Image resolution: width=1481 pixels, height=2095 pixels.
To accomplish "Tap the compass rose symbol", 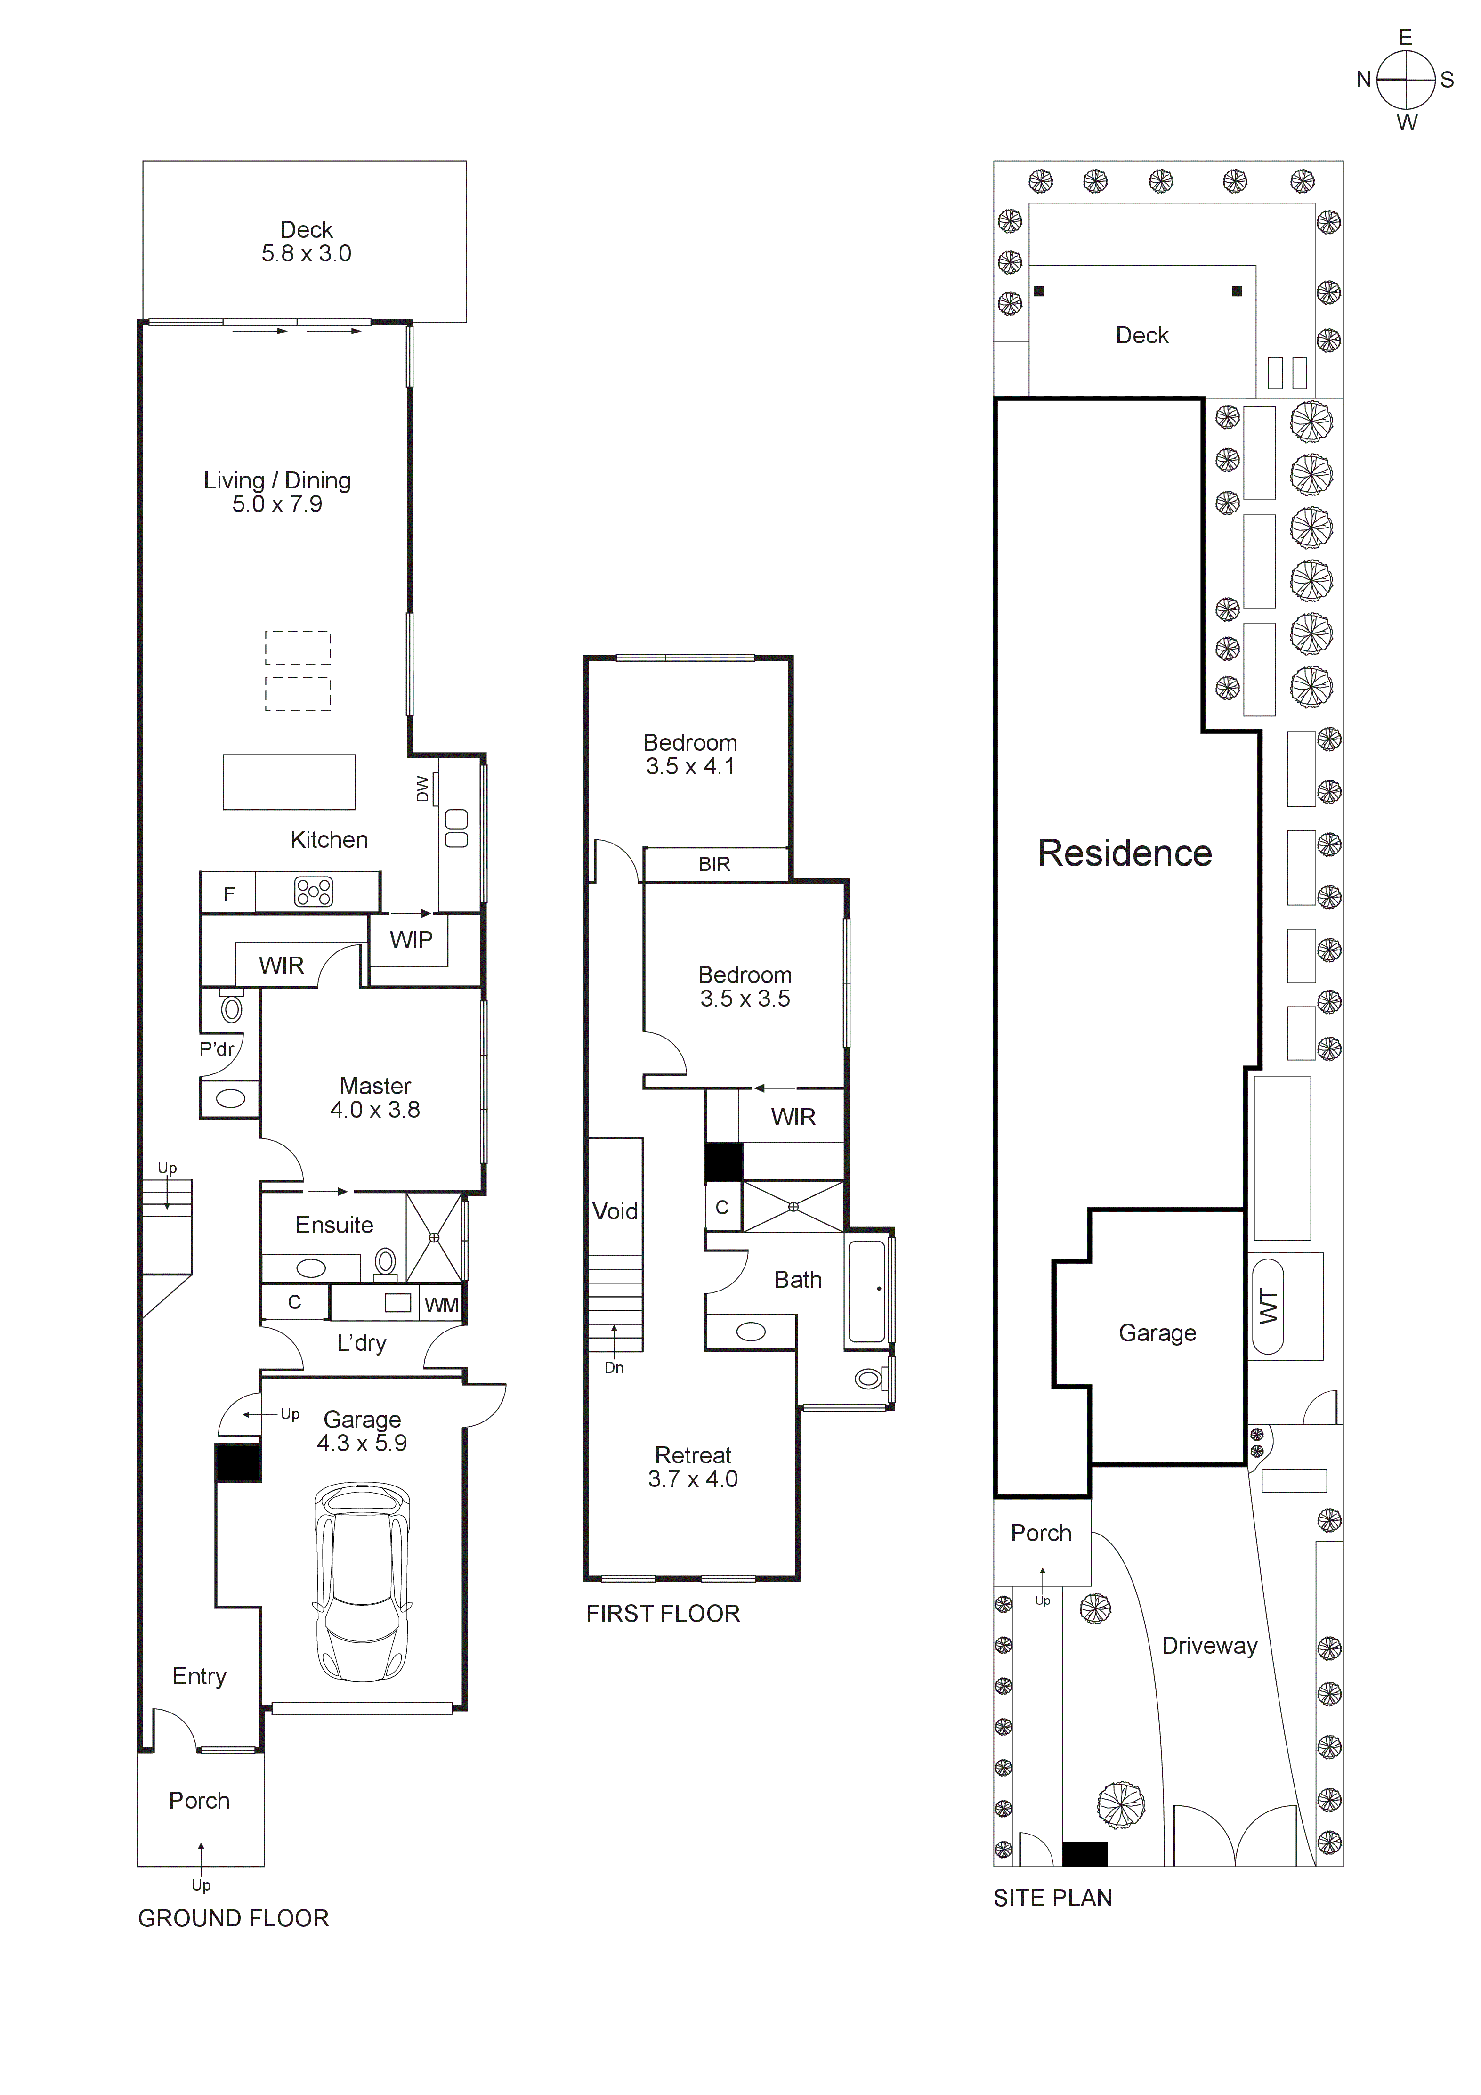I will pyautogui.click(x=1406, y=80).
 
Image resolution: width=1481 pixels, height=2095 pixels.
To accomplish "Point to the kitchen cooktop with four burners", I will pyautogui.click(x=313, y=892).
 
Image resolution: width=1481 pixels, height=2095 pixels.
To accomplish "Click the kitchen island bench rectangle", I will pyautogui.click(x=289, y=782).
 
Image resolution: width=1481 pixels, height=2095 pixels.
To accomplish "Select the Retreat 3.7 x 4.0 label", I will pyautogui.click(x=693, y=1467).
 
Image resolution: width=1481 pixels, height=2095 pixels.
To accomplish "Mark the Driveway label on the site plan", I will pyautogui.click(x=1209, y=1646).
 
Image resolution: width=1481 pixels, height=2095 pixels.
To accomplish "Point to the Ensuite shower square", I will pyautogui.click(x=434, y=1237).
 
